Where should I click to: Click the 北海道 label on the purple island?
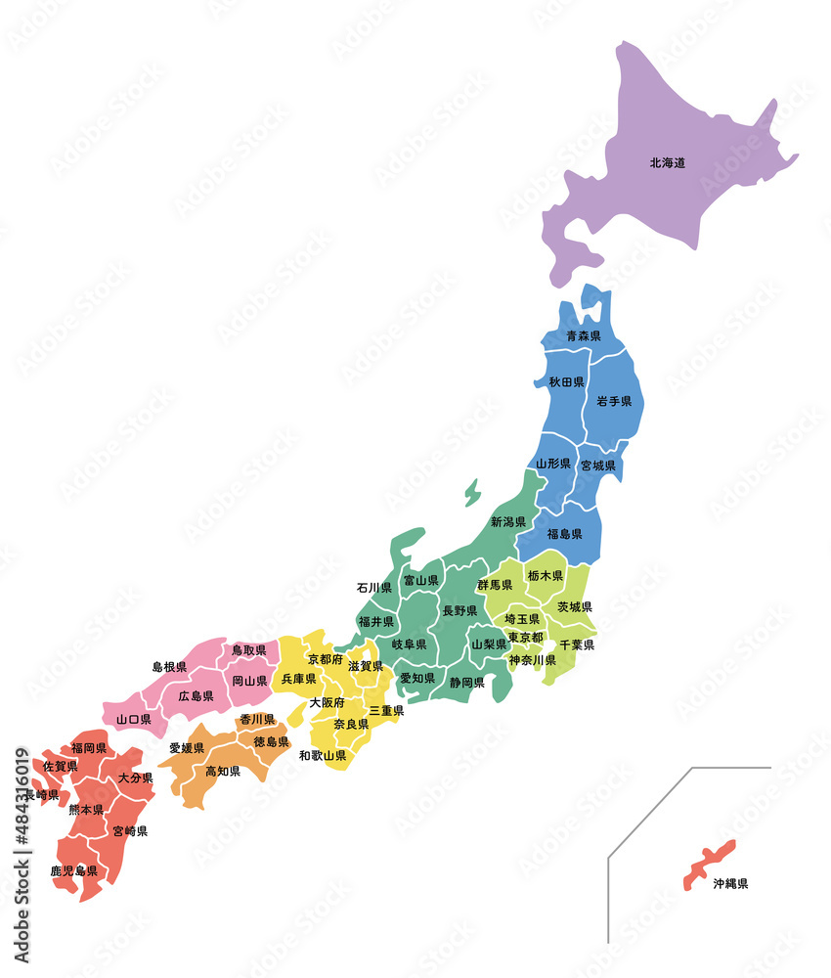[667, 162]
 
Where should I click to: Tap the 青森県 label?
[583, 336]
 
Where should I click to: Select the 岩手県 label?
[614, 401]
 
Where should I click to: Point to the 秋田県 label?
[566, 381]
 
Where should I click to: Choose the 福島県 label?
[564, 534]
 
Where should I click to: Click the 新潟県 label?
[508, 522]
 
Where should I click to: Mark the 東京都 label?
[526, 638]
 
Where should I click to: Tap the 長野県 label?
[459, 610]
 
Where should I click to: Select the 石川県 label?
[374, 588]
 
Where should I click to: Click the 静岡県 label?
[467, 683]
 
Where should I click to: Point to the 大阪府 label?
[327, 702]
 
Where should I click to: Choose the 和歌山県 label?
[323, 755]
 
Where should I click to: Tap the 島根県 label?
[169, 667]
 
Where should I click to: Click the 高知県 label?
[223, 771]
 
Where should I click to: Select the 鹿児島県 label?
[74, 869]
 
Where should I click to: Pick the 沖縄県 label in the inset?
[730, 883]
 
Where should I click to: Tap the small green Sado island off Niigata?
[473, 491]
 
